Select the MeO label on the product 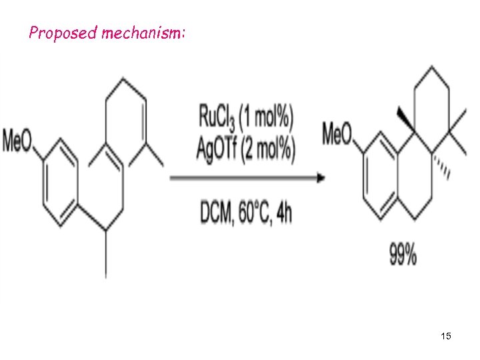click(337, 135)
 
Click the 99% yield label click(403, 255)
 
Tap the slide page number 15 click(446, 337)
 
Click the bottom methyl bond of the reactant click(105, 260)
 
